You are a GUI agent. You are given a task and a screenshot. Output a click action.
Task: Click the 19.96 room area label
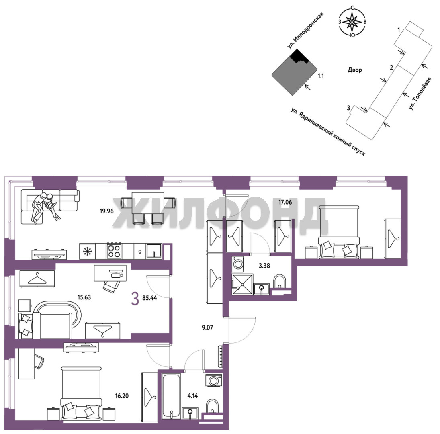click(106, 211)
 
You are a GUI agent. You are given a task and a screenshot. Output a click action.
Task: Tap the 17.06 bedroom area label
click(285, 202)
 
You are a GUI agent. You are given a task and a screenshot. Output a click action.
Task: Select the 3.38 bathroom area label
click(264, 266)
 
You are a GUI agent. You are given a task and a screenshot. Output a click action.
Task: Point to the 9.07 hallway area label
click(207, 328)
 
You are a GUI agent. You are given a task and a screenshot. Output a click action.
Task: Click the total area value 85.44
click(149, 298)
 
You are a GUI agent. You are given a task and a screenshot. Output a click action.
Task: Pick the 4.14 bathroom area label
click(193, 396)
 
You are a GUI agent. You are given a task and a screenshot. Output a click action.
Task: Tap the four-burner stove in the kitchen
click(114, 251)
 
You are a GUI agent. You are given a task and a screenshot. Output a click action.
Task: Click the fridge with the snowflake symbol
click(87, 251)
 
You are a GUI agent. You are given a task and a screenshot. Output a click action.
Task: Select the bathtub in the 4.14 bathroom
click(172, 396)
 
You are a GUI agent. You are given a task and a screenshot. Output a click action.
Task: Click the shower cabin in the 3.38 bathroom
click(242, 285)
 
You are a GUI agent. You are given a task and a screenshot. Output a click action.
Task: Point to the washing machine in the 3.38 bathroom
click(238, 264)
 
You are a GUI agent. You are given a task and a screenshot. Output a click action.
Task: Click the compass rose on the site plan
click(352, 22)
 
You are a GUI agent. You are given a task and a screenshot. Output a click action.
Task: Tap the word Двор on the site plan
click(355, 70)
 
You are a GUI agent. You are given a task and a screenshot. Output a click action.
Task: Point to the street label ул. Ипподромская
click(305, 31)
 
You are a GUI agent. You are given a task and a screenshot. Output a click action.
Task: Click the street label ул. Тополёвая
click(420, 93)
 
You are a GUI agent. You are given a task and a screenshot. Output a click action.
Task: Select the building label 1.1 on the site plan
click(321, 76)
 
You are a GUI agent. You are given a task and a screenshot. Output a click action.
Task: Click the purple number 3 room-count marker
click(135, 298)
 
